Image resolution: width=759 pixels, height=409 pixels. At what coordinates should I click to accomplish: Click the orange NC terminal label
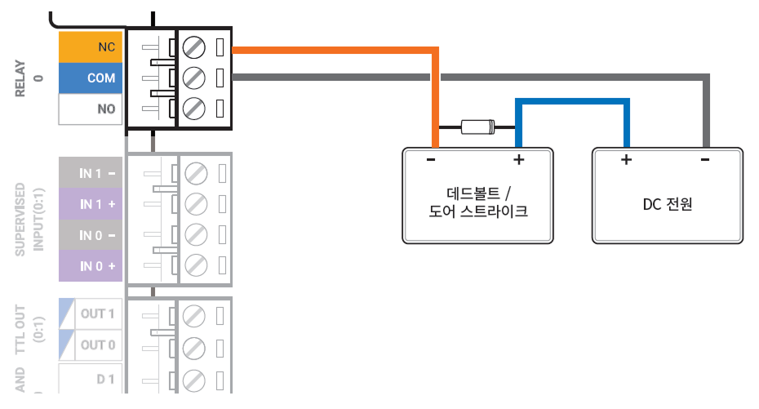click(x=90, y=47)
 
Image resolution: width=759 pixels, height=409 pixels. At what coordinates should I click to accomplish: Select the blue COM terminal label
click(x=90, y=78)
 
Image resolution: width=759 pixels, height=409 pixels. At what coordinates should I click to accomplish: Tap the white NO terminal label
click(x=90, y=109)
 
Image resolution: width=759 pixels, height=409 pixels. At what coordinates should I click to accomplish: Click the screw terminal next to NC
click(x=193, y=47)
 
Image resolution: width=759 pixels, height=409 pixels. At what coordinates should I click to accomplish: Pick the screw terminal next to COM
click(x=193, y=78)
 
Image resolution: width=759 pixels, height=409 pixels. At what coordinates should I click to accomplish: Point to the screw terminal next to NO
click(x=193, y=109)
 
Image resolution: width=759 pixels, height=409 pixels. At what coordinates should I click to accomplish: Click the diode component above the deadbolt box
click(x=477, y=127)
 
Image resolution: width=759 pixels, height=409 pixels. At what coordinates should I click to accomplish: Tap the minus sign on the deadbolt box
click(x=431, y=160)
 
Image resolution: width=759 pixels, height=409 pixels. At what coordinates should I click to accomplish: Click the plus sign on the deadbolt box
click(x=518, y=160)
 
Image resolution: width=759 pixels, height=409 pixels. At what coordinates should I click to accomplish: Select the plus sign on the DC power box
click(x=626, y=160)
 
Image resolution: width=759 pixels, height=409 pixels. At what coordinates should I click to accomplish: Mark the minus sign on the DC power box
click(x=705, y=160)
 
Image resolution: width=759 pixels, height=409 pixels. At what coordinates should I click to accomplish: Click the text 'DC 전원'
click(x=667, y=204)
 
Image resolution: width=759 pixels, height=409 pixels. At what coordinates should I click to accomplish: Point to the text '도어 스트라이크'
click(x=478, y=212)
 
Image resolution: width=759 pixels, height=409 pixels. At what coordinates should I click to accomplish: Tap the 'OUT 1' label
click(x=97, y=313)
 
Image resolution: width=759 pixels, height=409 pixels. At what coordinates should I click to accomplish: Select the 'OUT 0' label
click(x=97, y=345)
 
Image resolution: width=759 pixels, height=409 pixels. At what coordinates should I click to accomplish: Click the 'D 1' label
click(x=105, y=379)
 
